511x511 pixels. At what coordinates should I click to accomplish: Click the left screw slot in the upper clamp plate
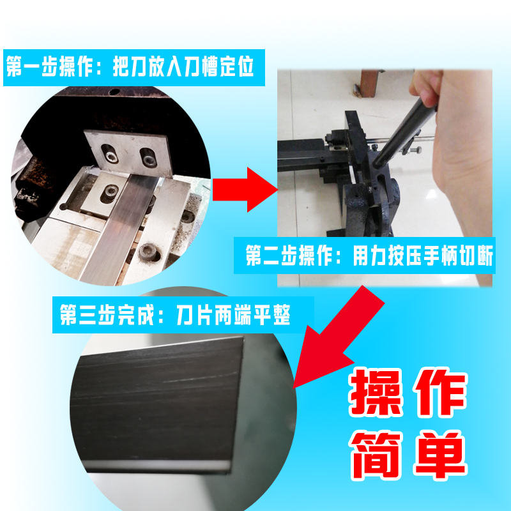(x=111, y=154)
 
